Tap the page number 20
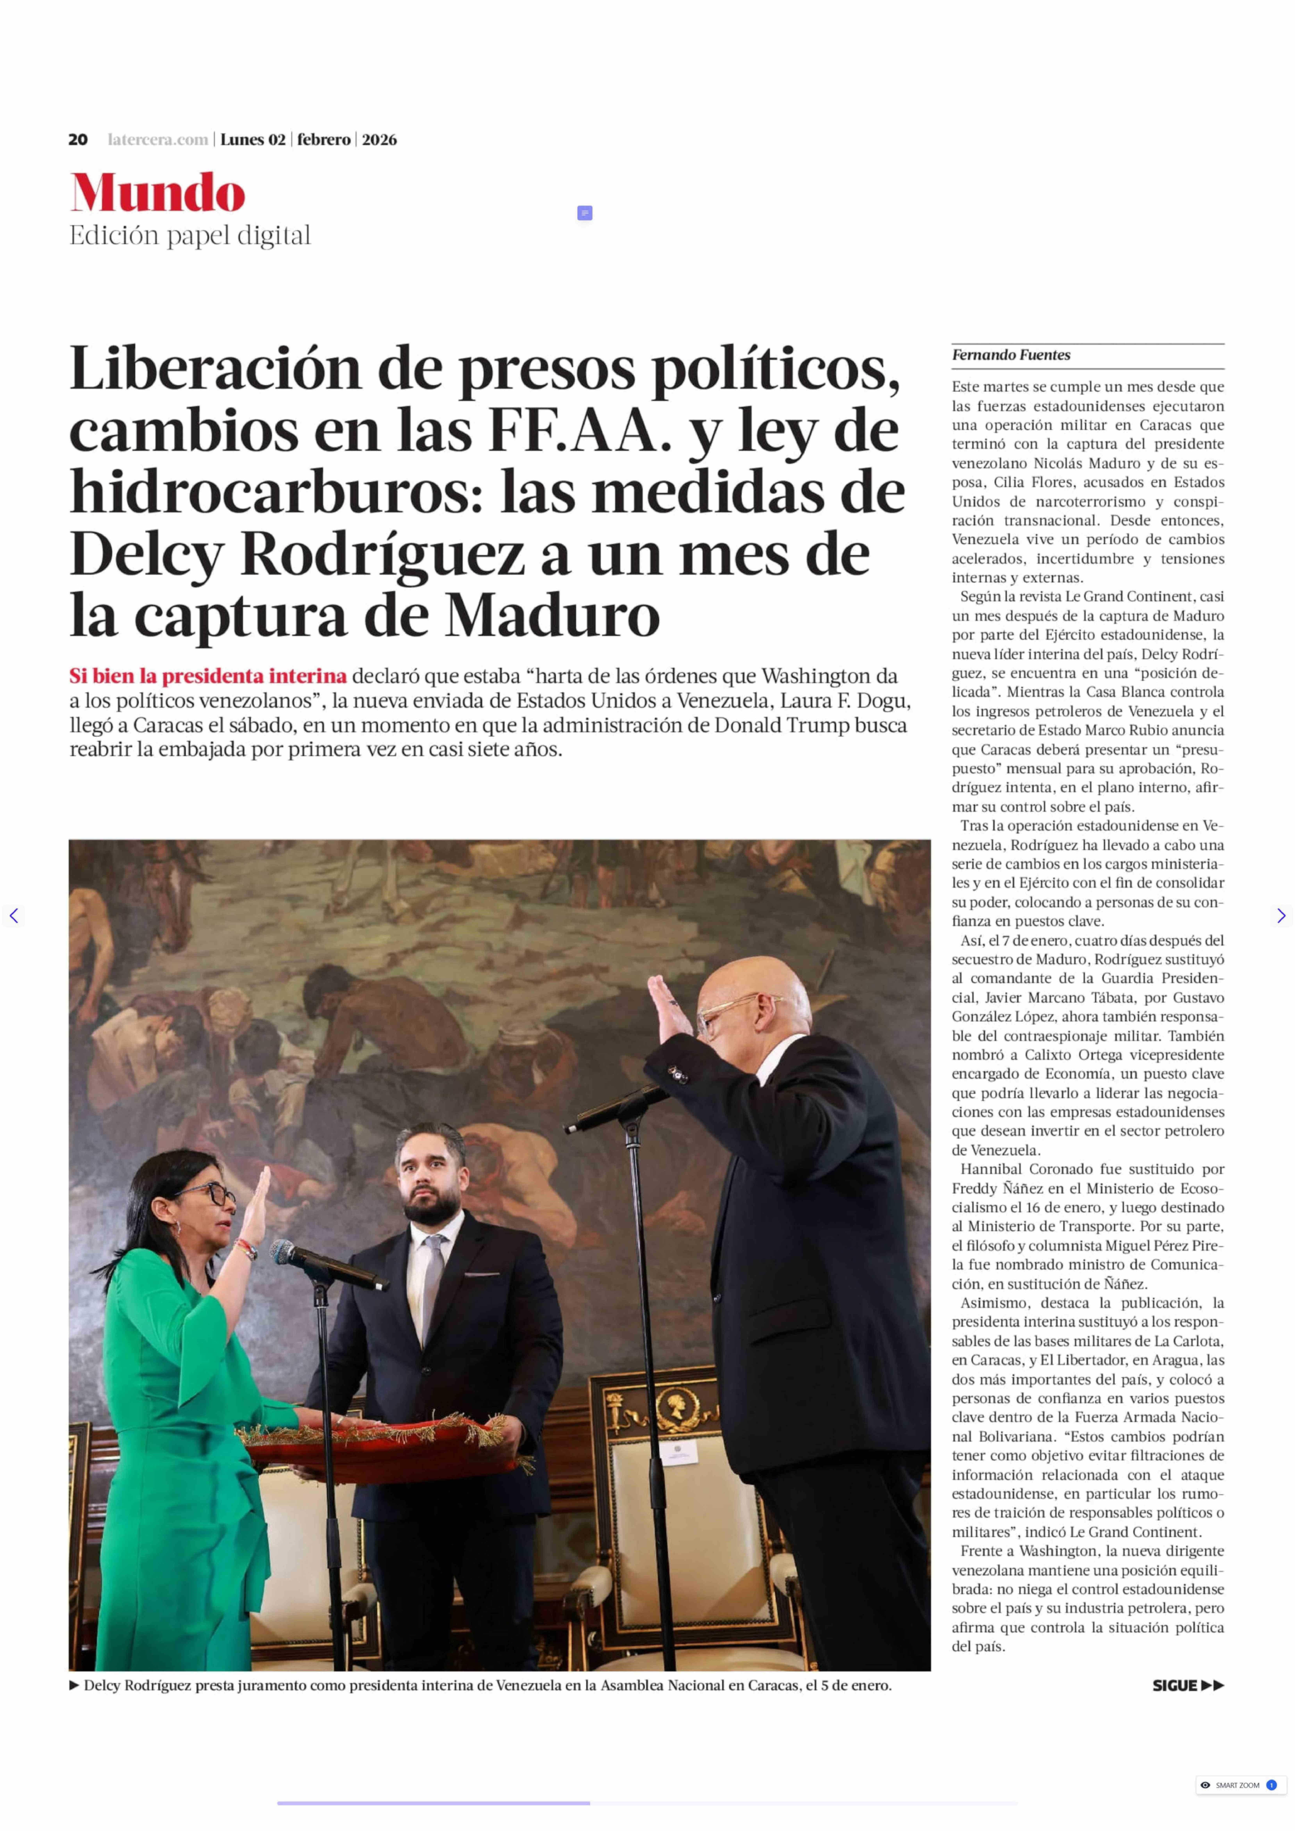[x=77, y=140]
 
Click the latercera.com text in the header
[x=158, y=140]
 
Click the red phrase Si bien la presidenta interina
[x=207, y=676]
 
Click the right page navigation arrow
[x=1281, y=916]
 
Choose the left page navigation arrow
[x=13, y=916]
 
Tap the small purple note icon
[x=585, y=213]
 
